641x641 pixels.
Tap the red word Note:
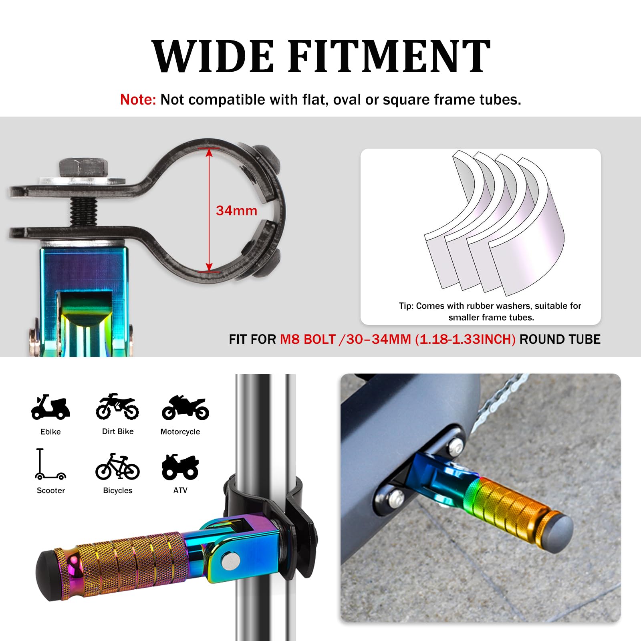pyautogui.click(x=138, y=99)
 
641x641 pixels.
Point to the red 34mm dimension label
pyautogui.click(x=236, y=211)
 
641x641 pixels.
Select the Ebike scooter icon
pyautogui.click(x=50, y=407)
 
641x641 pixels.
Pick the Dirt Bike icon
pyautogui.click(x=117, y=406)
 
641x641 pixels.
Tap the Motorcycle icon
pyautogui.click(x=185, y=407)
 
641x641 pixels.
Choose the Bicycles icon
pyautogui.click(x=117, y=466)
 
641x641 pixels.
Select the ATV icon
pyautogui.click(x=180, y=467)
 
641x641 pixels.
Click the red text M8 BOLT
pyautogui.click(x=308, y=339)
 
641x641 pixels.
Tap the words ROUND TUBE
pyautogui.click(x=560, y=339)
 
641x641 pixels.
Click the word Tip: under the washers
pyautogui.click(x=406, y=306)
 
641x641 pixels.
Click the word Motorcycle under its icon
pyautogui.click(x=180, y=431)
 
